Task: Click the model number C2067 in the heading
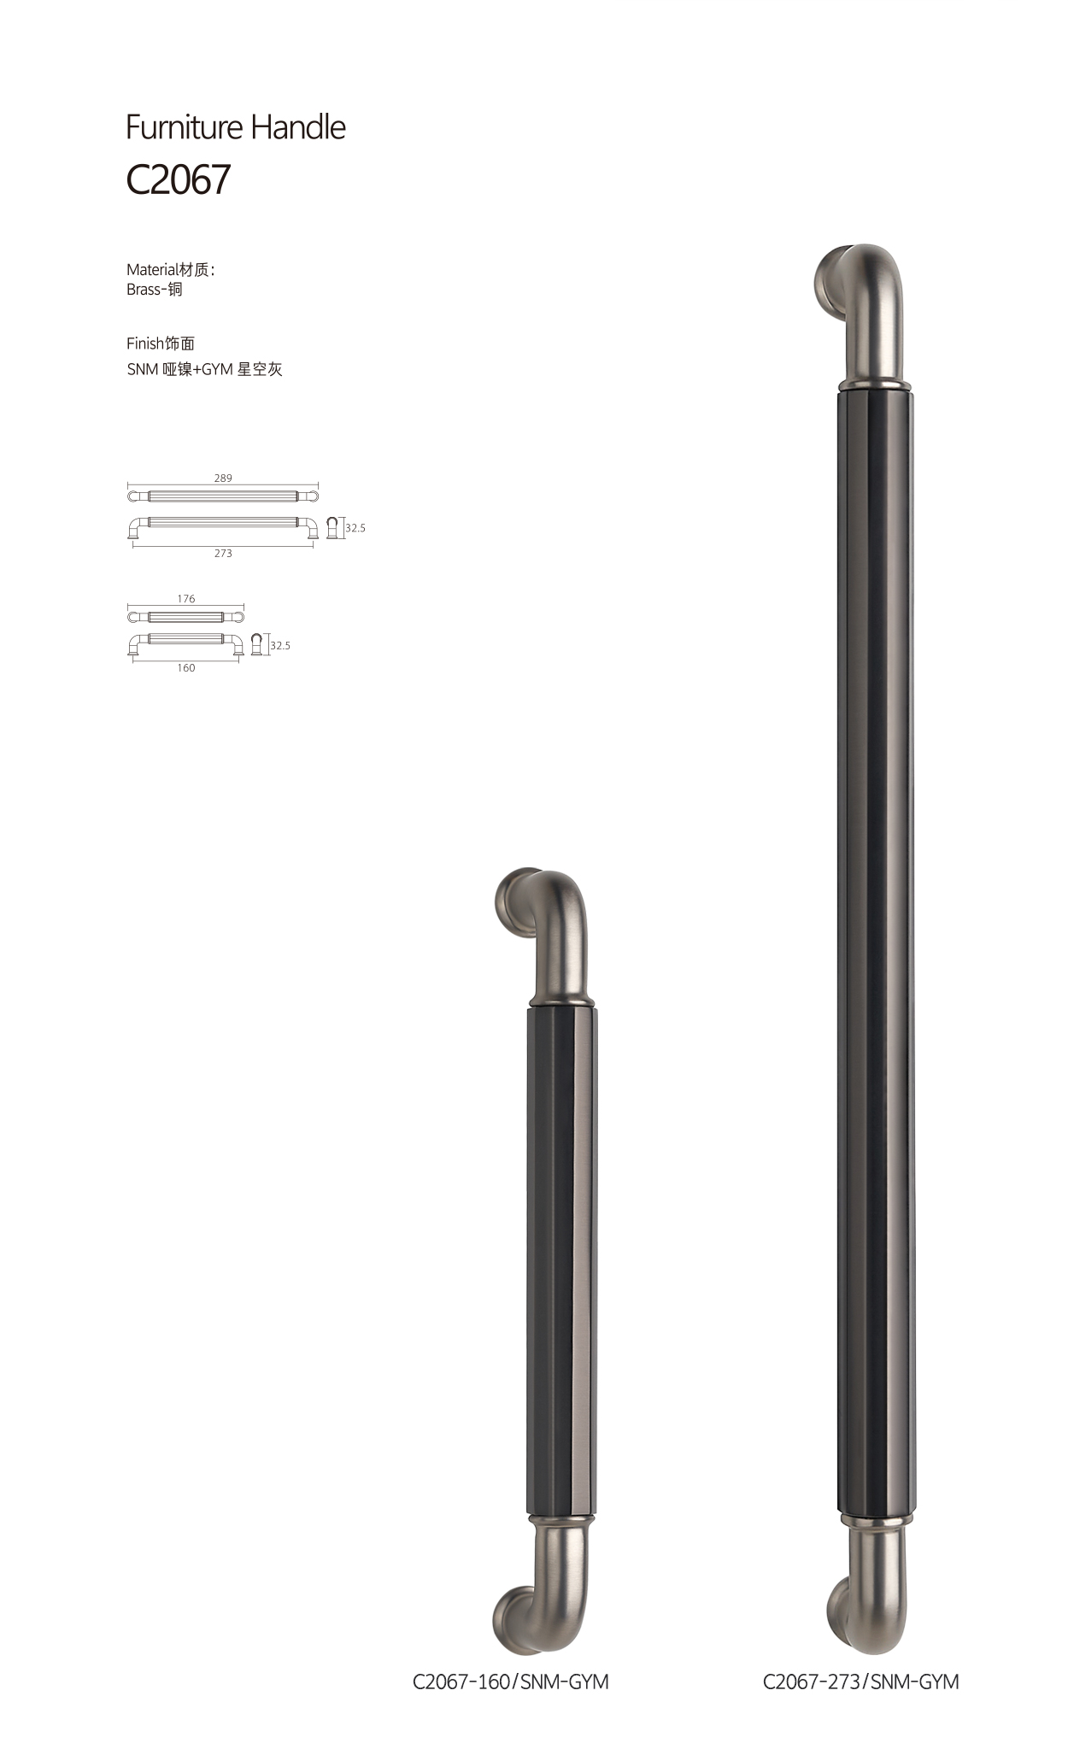click(179, 179)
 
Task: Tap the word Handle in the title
click(299, 127)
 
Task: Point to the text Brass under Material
click(144, 290)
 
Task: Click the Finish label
click(144, 343)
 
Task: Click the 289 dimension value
click(223, 478)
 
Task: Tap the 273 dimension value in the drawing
click(223, 554)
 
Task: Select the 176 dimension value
click(186, 599)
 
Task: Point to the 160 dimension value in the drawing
click(186, 668)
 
